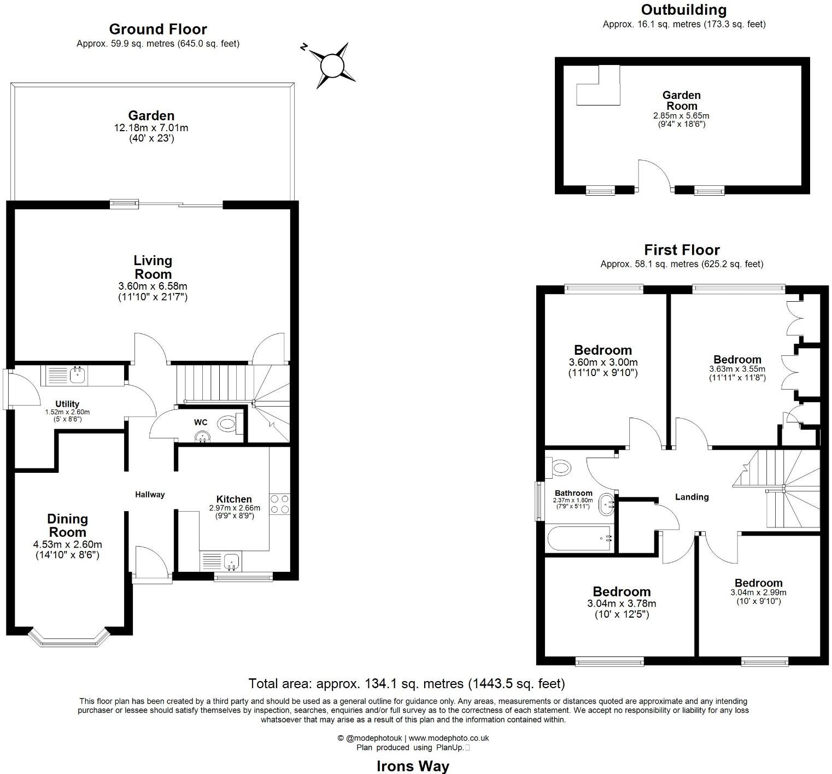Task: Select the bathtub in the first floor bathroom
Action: coord(579,538)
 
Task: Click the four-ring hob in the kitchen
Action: coord(279,503)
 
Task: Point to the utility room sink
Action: coord(78,374)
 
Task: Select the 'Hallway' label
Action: coord(150,494)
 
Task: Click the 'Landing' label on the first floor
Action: coord(692,497)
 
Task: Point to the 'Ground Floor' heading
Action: coord(158,29)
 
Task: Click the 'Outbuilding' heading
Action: coord(684,10)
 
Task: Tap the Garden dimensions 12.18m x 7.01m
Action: coord(151,128)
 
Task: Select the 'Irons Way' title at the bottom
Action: coord(413,766)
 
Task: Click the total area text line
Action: coord(407,683)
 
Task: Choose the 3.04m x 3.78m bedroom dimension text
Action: coord(622,603)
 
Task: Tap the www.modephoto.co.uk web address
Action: coord(449,738)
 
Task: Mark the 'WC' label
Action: coord(201,423)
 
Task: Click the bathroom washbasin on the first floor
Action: coord(607,505)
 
